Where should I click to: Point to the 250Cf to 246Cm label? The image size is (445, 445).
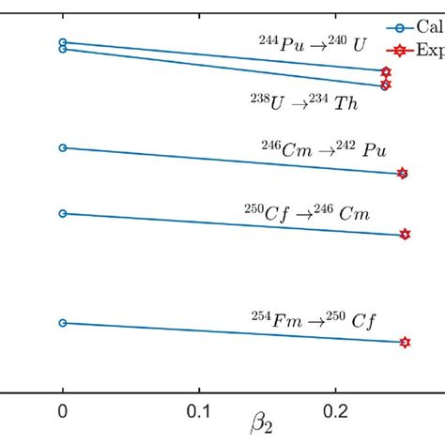(x=306, y=213)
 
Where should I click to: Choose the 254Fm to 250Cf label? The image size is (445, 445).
(x=307, y=320)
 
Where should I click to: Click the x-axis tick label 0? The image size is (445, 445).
(x=63, y=410)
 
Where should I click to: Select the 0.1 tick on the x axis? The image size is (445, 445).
(x=198, y=410)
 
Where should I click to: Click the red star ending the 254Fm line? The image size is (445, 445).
(x=405, y=343)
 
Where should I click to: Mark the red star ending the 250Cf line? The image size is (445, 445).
(x=405, y=235)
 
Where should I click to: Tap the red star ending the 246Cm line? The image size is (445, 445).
(x=403, y=173)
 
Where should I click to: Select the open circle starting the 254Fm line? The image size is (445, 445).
(x=63, y=323)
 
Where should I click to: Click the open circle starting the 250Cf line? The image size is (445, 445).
(x=63, y=213)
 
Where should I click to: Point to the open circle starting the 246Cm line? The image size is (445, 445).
(x=63, y=147)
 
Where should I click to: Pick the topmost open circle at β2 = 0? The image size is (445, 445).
(x=63, y=42)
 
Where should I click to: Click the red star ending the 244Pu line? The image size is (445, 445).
(x=386, y=71)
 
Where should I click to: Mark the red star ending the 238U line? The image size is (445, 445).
(x=385, y=84)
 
